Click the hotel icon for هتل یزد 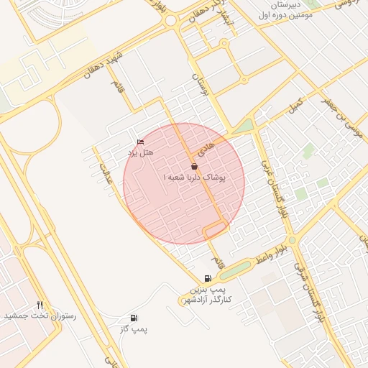click(140, 142)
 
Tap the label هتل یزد click(142, 152)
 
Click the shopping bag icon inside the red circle click(194, 166)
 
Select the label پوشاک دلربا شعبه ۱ click(194, 176)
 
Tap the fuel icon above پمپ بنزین click(208, 278)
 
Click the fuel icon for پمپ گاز click(134, 318)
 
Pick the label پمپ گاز click(134, 328)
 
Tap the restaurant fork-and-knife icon click(40, 305)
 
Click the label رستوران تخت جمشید click(40, 316)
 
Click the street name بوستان click(199, 84)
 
